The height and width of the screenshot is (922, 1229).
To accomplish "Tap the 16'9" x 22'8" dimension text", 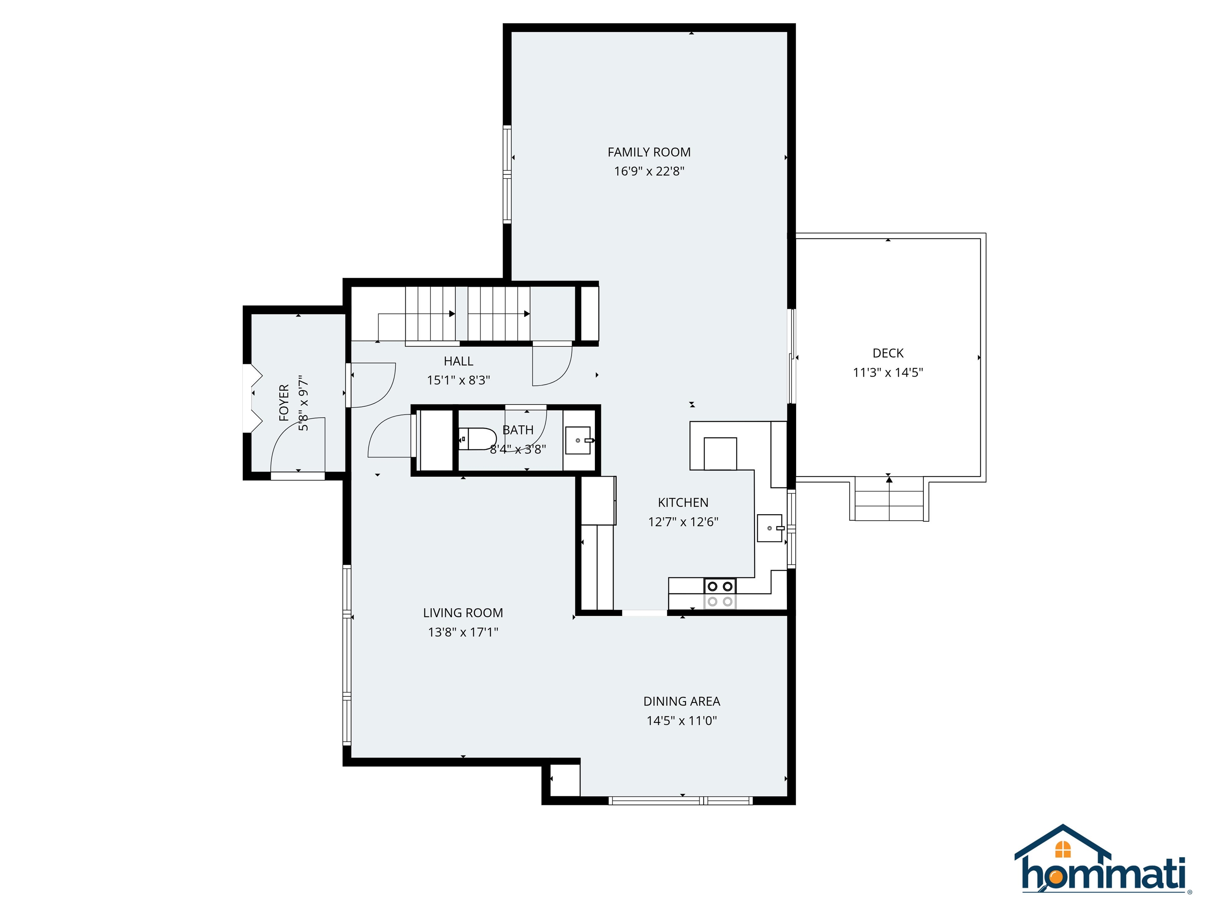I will tap(649, 171).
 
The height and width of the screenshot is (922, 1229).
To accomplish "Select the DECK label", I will tap(887, 353).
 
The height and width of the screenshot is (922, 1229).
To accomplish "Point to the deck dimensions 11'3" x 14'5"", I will tap(887, 372).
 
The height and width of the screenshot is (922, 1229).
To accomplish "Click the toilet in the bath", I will tap(478, 439).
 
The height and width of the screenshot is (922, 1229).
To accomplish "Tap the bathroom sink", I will tap(578, 440).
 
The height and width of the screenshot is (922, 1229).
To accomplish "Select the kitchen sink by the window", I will tap(769, 528).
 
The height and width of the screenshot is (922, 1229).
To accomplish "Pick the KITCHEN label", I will tap(683, 502).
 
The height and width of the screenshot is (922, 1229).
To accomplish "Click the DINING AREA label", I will tap(682, 702).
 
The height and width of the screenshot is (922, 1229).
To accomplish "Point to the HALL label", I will tap(458, 361).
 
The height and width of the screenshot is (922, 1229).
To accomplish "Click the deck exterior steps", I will tap(889, 499).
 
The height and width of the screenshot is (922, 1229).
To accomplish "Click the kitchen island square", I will tap(720, 453).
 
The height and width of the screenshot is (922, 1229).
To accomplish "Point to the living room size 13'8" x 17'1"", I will tap(463, 632).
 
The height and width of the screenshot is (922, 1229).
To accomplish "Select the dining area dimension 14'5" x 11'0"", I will tap(682, 721).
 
